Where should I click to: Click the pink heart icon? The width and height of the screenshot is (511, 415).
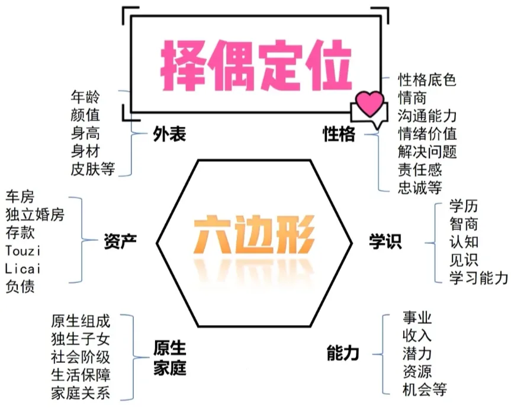click(x=370, y=104)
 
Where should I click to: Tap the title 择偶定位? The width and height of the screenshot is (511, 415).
click(x=256, y=66)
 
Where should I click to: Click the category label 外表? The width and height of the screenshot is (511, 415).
click(x=170, y=135)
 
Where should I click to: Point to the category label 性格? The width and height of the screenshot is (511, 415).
click(x=339, y=134)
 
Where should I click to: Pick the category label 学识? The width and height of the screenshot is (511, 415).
click(x=385, y=241)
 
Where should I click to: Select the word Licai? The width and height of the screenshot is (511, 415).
click(x=27, y=268)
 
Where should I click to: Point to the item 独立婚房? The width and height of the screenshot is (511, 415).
click(x=35, y=214)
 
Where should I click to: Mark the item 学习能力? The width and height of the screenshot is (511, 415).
click(x=478, y=277)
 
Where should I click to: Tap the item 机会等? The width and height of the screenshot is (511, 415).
click(x=423, y=390)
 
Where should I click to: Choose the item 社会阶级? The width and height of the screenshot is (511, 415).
click(x=81, y=357)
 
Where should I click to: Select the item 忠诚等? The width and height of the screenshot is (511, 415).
click(x=420, y=188)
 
